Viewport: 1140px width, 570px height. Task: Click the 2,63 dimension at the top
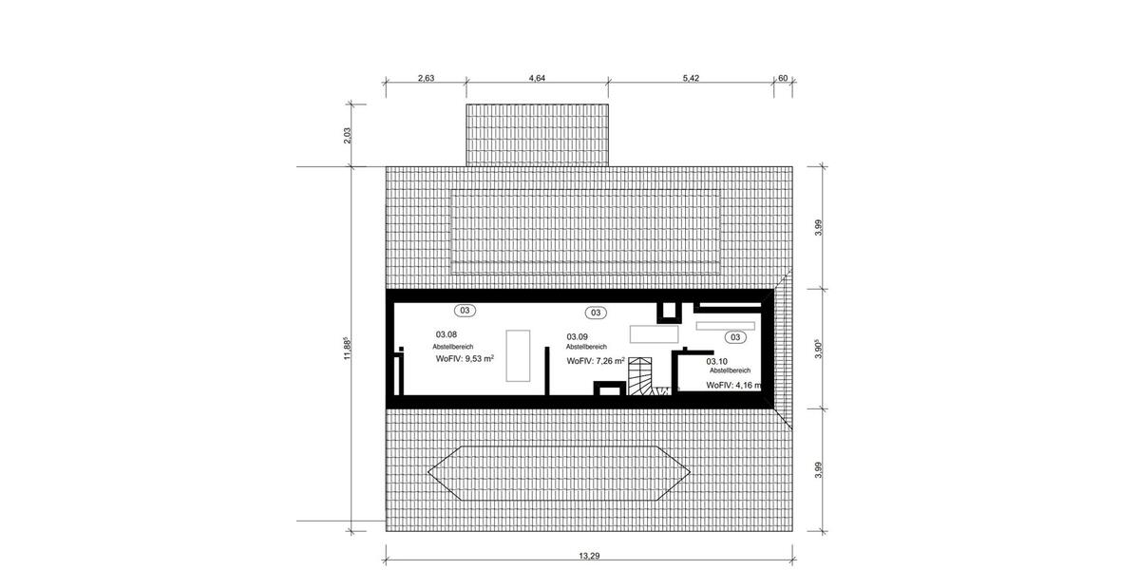426,79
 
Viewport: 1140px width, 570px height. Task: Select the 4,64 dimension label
536,79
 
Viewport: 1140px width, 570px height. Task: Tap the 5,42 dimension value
691,79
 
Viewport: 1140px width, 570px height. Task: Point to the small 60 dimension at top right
783,79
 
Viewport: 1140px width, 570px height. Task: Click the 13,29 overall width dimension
588,556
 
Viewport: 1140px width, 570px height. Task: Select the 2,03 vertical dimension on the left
348,135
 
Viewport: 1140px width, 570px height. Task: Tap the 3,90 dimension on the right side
819,350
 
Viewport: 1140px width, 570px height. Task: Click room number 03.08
446,334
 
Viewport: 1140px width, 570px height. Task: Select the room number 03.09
578,336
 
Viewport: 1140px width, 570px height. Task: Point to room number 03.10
717,361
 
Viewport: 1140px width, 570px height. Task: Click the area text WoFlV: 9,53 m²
465,360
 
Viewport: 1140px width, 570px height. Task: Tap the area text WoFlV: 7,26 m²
596,361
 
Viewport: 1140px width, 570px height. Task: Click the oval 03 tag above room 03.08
465,310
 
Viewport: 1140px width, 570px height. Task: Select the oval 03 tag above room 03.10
735,336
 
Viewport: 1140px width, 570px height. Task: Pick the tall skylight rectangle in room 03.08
518,354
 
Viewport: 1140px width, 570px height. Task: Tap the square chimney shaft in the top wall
671,310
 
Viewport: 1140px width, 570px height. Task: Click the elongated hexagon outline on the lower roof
559,472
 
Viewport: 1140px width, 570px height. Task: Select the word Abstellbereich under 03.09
586,348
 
